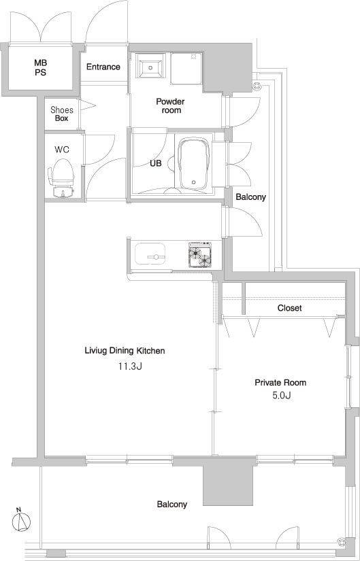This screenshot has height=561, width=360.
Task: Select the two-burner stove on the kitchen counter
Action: (200, 255)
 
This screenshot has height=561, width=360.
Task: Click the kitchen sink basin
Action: (150, 254)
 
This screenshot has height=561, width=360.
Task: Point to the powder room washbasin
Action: (150, 65)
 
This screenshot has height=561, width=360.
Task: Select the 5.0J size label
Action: (280, 396)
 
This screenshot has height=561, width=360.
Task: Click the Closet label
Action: (289, 307)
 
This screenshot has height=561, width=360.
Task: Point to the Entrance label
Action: (103, 67)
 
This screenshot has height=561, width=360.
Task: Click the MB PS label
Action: (40, 67)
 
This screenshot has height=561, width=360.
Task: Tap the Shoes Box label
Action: (62, 114)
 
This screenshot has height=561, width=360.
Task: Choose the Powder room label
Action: (171, 106)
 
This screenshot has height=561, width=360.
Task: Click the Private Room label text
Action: (280, 382)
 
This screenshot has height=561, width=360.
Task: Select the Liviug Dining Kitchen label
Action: (125, 351)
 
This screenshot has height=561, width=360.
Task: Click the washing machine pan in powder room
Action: (186, 68)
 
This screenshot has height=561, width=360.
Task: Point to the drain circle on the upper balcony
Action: (256, 85)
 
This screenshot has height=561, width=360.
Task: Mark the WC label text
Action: (62, 150)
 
